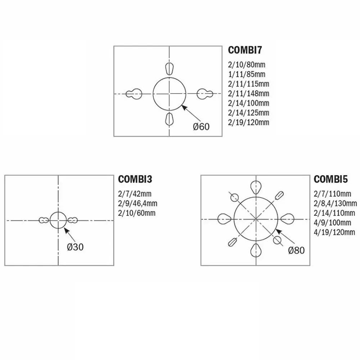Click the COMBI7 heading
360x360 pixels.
click(x=245, y=50)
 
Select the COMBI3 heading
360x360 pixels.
click(x=135, y=179)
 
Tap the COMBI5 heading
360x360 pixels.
click(x=330, y=179)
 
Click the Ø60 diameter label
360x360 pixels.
click(x=201, y=127)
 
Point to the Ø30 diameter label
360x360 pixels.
click(x=75, y=247)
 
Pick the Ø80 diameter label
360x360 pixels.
click(x=296, y=250)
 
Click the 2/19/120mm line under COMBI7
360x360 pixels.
click(x=248, y=122)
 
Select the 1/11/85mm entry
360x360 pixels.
click(x=247, y=75)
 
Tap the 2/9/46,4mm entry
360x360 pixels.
click(x=138, y=203)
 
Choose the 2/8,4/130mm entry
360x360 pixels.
click(x=335, y=203)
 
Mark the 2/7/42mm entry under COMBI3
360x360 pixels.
click(x=135, y=194)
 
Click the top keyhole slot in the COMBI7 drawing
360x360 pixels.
click(x=169, y=68)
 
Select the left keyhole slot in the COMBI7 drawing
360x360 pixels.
click(x=134, y=94)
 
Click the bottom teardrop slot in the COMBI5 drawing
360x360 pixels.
click(x=256, y=250)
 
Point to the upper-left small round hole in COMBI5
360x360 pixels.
click(x=234, y=197)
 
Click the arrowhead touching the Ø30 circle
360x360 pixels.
click(x=66, y=230)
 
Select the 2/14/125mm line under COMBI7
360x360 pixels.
click(x=248, y=113)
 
